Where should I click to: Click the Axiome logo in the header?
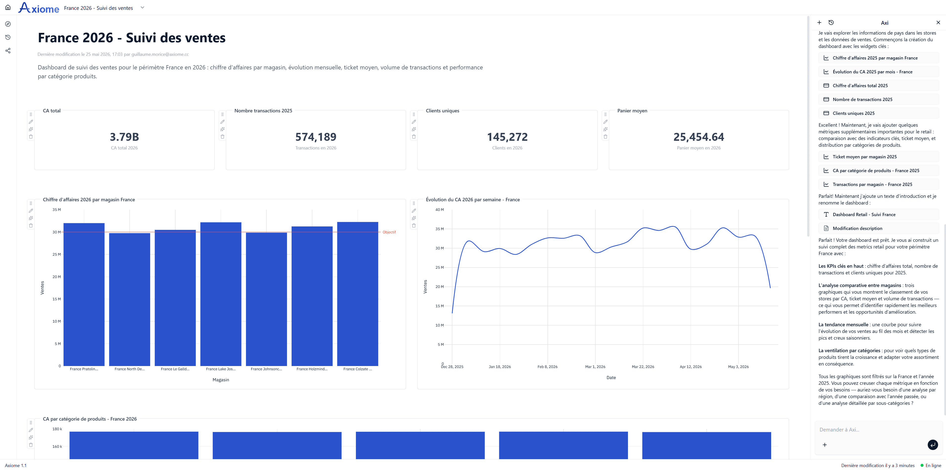pyautogui.click(x=39, y=8)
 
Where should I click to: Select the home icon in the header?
pyautogui.click(x=8, y=7)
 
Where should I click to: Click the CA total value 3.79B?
pyautogui.click(x=124, y=137)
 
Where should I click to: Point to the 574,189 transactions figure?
pyautogui.click(x=316, y=137)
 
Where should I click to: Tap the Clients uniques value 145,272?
pyautogui.click(x=507, y=137)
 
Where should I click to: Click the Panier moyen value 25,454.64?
pyautogui.click(x=699, y=137)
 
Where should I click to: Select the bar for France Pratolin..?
pyautogui.click(x=84, y=294)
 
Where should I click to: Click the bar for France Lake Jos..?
pyautogui.click(x=221, y=294)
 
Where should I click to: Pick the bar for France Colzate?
pyautogui.click(x=358, y=294)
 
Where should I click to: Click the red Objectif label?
pyautogui.click(x=389, y=232)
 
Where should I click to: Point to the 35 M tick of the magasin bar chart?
pyautogui.click(x=57, y=210)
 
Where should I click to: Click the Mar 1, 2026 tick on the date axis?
pyautogui.click(x=595, y=367)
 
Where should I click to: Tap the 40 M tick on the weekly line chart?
pyautogui.click(x=440, y=210)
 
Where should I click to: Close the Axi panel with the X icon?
pyautogui.click(x=938, y=22)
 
